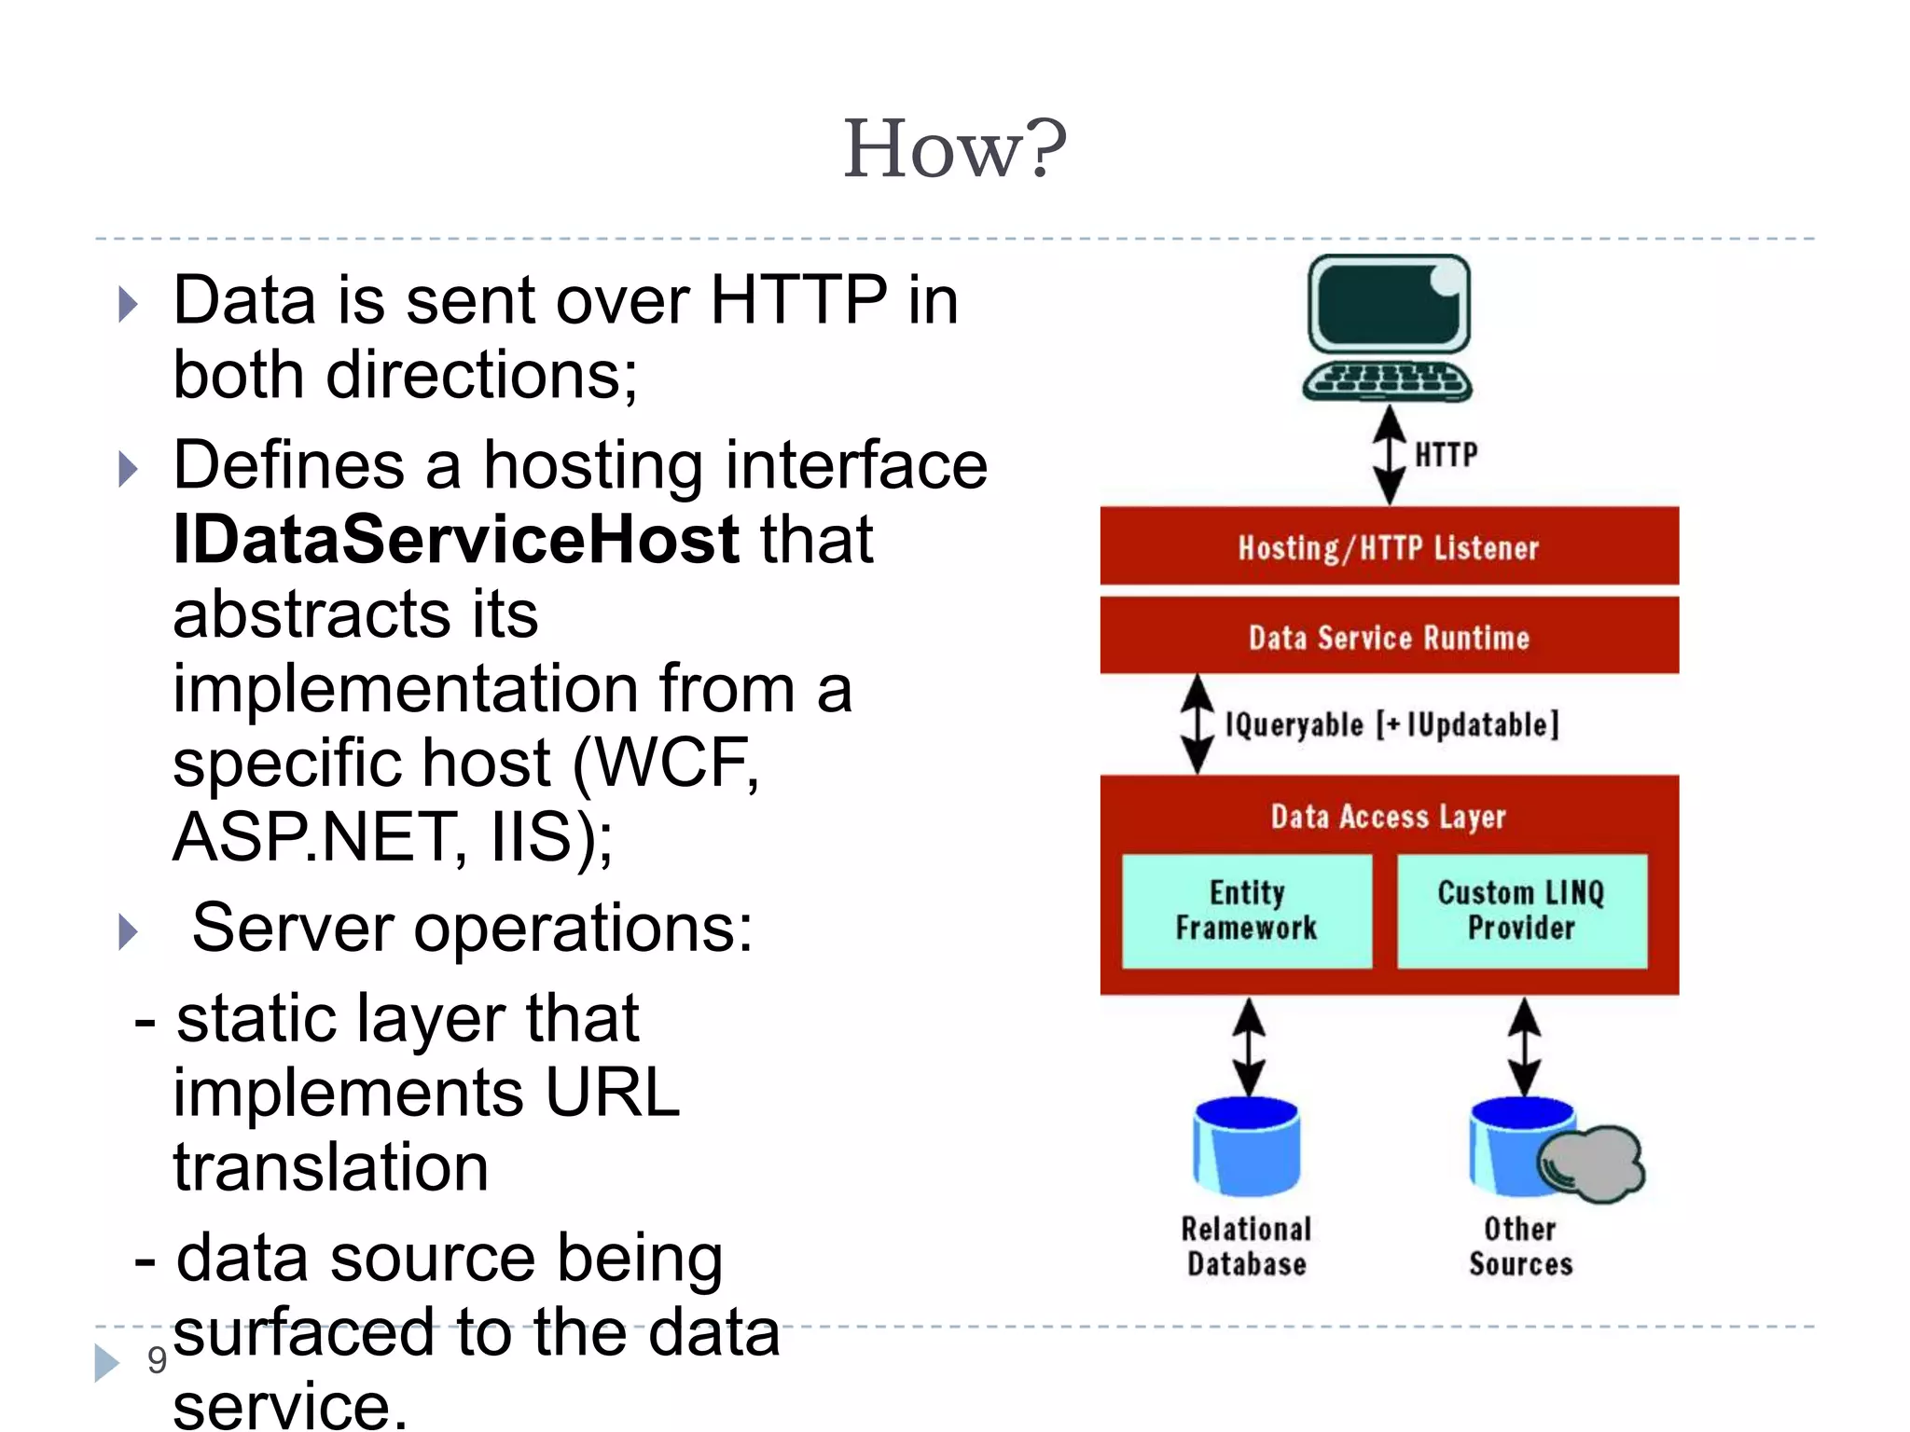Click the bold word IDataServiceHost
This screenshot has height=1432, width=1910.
pos(456,540)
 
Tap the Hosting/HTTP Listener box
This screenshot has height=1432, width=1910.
pos(1388,547)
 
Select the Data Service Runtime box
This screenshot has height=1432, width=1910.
pos(1388,637)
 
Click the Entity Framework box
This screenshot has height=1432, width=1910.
pos(1246,911)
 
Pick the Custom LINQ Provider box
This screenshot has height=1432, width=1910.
pos(1521,911)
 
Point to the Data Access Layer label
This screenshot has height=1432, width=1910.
pos(1388,817)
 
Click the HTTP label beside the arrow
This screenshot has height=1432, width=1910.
pos(1446,455)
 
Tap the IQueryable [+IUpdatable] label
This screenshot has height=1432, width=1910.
pos(1391,724)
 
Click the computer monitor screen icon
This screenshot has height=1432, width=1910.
pos(1388,306)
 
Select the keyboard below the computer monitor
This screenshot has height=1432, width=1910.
pos(1387,379)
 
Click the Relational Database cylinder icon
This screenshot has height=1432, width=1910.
pos(1247,1148)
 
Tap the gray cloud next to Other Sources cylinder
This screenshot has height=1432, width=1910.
pos(1593,1163)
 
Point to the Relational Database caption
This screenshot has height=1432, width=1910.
pos(1246,1246)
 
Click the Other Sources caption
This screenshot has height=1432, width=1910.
pos(1520,1246)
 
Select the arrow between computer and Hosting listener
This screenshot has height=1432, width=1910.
pos(1390,455)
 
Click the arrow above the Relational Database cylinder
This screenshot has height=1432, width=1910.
pos(1248,1046)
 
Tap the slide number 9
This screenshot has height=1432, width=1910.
pos(157,1360)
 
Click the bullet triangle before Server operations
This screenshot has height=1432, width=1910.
pos(129,931)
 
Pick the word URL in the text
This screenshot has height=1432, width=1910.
pos(613,1093)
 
